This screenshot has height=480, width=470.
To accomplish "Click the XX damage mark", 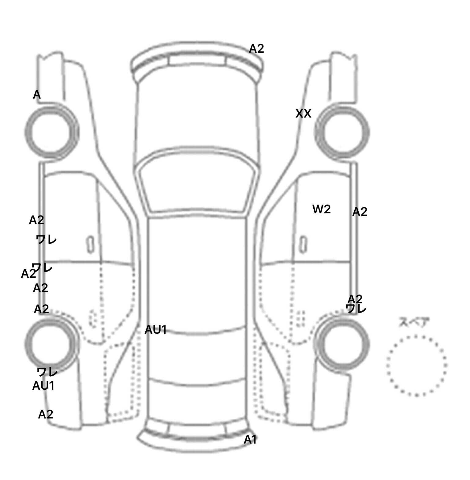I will pos(303,114).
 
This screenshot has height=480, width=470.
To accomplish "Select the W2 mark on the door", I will pos(321,209).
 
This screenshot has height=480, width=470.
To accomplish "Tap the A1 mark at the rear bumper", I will pos(250,440).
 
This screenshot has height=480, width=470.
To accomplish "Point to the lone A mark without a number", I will pos(37,95).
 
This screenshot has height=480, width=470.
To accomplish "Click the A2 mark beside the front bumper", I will pos(256,49).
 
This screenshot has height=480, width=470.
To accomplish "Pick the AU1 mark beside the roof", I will pos(155,330).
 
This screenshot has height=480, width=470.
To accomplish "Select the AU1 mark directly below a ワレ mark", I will pos(43,386).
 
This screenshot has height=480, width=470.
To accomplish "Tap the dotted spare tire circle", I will pos(416,365).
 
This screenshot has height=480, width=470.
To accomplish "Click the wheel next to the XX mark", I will pos(342,132).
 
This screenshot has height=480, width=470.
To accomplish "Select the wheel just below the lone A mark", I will pos(51,131).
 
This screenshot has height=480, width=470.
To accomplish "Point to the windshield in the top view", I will pos(197,184).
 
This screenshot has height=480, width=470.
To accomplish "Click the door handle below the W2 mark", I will pos(303,244).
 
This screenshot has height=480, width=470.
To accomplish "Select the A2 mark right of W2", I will pos(360,212).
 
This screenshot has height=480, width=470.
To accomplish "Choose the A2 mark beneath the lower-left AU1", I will pos(46,414).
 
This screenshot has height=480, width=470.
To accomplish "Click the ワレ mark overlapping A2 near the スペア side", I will pos(356,309).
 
